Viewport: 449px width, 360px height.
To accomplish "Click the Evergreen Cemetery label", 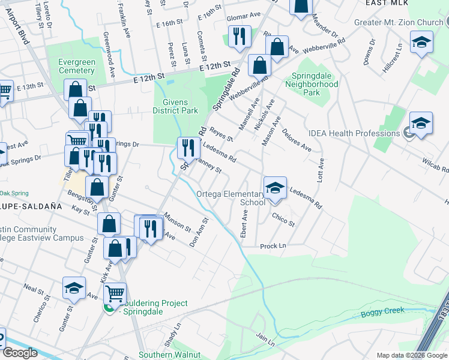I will (77, 66).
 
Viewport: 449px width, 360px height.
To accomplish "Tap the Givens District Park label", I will (175, 106).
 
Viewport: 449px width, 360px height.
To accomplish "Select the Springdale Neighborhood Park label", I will (315, 85).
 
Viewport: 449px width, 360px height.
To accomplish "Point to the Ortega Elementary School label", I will (231, 198).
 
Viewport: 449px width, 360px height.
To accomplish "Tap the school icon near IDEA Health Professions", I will (421, 124).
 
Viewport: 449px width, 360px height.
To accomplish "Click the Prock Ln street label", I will (273, 246).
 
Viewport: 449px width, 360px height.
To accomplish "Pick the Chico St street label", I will (283, 220).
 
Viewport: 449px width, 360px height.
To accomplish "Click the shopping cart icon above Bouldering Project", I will (115, 293).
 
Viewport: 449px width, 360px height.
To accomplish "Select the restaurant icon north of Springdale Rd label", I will (239, 37).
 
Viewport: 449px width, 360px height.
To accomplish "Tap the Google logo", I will (20, 353).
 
